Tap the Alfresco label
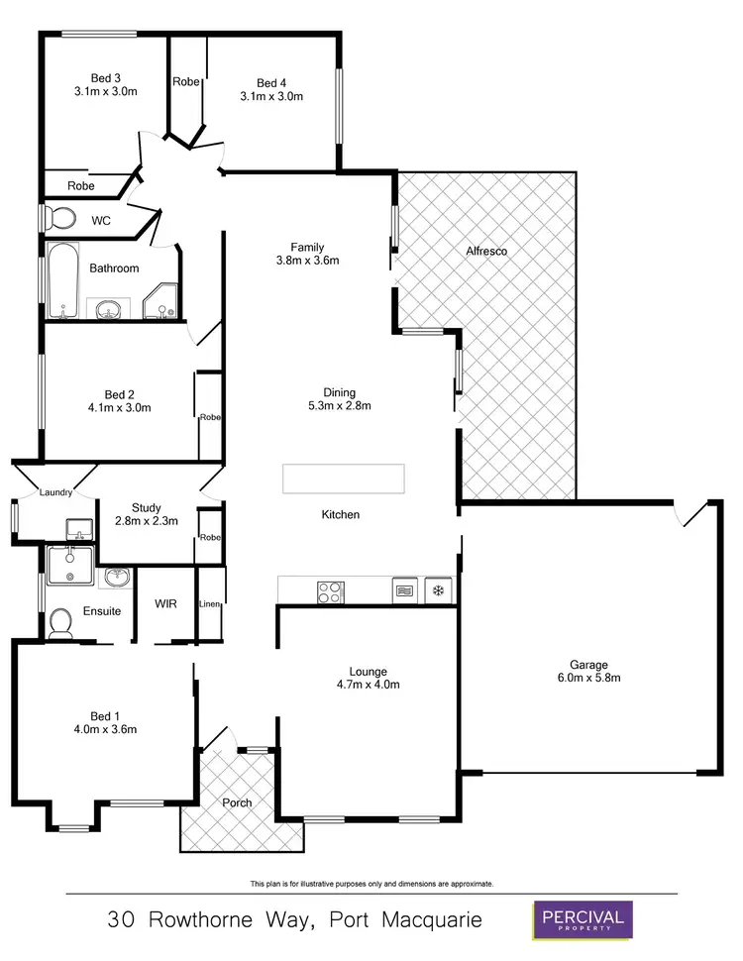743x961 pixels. point(486,252)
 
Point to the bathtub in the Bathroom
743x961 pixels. point(62,280)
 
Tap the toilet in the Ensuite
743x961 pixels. point(60,622)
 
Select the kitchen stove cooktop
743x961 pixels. point(330,591)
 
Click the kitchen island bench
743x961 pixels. point(343,479)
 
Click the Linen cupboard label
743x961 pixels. point(209,604)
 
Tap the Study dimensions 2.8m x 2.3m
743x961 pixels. point(147,521)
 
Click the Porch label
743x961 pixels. point(236,802)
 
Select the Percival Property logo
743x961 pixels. point(581,919)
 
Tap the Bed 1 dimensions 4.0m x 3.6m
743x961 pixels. point(104,729)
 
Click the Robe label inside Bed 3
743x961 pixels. point(81,185)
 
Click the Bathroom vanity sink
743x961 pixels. point(108,311)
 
